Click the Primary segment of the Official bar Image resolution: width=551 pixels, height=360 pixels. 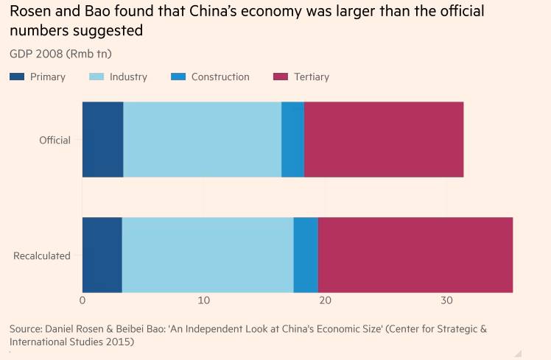(102, 139)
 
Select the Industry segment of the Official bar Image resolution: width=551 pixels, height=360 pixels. (202, 139)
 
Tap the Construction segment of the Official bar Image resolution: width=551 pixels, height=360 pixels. (292, 139)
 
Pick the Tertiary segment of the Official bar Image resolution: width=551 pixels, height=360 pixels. (383, 139)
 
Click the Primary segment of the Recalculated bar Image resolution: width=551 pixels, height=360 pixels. (102, 255)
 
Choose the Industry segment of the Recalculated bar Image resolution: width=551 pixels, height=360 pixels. (207, 255)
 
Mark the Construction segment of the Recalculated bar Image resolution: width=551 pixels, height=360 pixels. (306, 255)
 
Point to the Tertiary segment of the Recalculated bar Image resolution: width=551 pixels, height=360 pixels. (415, 255)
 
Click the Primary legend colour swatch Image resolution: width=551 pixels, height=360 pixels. (17, 77)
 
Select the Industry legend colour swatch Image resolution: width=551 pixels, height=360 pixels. (96, 77)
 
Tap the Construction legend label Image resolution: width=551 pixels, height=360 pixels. (220, 77)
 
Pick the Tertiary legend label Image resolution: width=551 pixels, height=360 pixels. (312, 77)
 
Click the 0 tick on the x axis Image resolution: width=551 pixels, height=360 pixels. (83, 300)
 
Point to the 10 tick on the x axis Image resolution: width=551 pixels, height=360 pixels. (204, 300)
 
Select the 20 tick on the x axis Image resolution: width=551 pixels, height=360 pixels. (325, 300)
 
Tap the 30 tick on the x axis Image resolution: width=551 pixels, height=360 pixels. (446, 300)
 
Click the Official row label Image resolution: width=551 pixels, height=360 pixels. (55, 140)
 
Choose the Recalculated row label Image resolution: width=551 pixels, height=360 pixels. (42, 255)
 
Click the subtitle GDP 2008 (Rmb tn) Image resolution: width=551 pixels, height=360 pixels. (60, 53)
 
